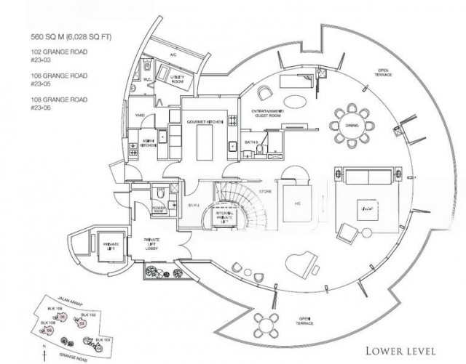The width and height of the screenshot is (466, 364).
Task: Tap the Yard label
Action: (x=138, y=114)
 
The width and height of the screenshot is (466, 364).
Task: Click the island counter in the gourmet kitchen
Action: (x=205, y=138)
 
